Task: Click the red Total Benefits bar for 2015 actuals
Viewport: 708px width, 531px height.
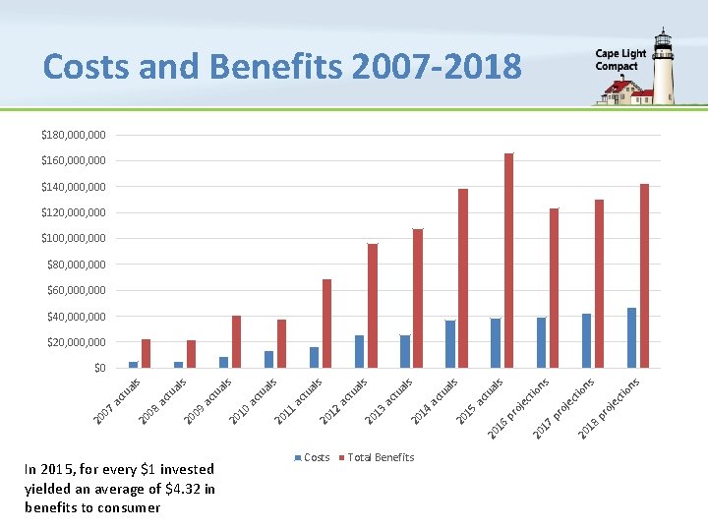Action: pyautogui.click(x=509, y=261)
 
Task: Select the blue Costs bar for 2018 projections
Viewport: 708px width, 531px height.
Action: pyautogui.click(x=631, y=337)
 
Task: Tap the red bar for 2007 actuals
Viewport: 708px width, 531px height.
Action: pyautogui.click(x=146, y=354)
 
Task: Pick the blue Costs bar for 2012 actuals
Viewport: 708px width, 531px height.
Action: pyautogui.click(x=360, y=352)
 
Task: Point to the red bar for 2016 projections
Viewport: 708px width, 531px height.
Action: pyautogui.click(x=554, y=288)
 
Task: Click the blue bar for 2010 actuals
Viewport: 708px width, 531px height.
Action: pyautogui.click(x=268, y=360)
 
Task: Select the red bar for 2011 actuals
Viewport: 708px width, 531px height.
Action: pyautogui.click(x=326, y=324)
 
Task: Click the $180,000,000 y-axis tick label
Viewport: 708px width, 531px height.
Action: pyautogui.click(x=74, y=135)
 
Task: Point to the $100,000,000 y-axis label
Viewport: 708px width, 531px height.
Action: pyautogui.click(x=74, y=238)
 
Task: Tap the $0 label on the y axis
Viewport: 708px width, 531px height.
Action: pyautogui.click(x=99, y=368)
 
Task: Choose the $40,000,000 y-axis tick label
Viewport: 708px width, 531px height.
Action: pyautogui.click(x=77, y=317)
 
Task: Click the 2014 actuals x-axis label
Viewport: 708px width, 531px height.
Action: pyautogui.click(x=434, y=401)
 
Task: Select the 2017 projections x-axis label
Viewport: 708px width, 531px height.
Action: pyautogui.click(x=563, y=409)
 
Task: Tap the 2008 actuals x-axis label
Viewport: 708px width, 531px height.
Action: pyautogui.click(x=161, y=401)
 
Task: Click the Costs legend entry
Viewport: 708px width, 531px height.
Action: pyautogui.click(x=312, y=457)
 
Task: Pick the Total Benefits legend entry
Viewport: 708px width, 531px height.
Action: pyautogui.click(x=377, y=457)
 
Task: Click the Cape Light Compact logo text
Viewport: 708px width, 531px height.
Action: pyautogui.click(x=620, y=60)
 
